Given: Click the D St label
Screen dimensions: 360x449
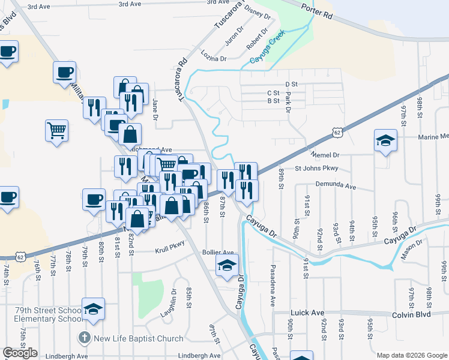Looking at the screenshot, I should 292,84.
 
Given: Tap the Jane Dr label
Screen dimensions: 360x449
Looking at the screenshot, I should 155,109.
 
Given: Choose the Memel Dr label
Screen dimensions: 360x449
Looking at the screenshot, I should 326,154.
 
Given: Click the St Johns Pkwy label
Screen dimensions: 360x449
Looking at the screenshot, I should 317,169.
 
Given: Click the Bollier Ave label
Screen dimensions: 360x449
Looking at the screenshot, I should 218,253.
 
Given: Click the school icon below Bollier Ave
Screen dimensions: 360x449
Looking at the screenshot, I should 227,266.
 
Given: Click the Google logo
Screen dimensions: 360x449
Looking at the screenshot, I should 20,353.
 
